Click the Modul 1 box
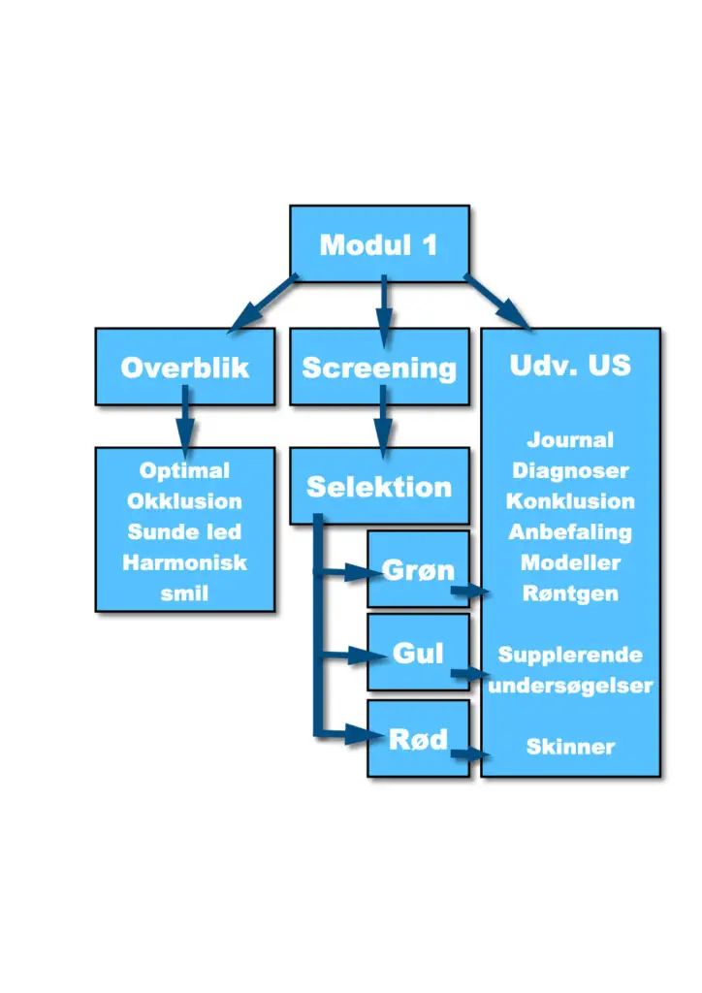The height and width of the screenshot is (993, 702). click(379, 243)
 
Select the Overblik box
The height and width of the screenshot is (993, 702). click(185, 367)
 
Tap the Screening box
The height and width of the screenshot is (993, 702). click(379, 367)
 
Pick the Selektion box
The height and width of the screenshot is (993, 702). click(379, 486)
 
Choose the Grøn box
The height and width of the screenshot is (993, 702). click(419, 568)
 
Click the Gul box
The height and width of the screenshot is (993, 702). click(419, 652)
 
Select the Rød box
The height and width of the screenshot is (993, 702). click(419, 738)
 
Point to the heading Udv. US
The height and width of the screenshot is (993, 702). click(570, 366)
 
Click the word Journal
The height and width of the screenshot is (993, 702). click(570, 439)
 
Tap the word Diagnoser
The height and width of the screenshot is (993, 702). click(570, 470)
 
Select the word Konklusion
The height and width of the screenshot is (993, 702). click(570, 501)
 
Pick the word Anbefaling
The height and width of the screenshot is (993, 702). click(570, 532)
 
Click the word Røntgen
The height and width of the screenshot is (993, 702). click(570, 593)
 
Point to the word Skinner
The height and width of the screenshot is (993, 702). click(570, 747)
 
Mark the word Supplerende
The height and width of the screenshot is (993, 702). click(570, 655)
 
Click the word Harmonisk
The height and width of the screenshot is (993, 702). click(185, 562)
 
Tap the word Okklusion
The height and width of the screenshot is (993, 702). click(185, 501)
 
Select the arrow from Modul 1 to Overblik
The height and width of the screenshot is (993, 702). click(264, 303)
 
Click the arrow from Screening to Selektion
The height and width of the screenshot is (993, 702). click(383, 422)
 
